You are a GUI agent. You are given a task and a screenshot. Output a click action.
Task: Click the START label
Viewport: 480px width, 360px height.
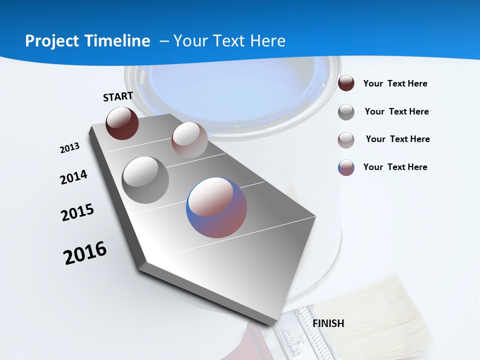pos(118,96)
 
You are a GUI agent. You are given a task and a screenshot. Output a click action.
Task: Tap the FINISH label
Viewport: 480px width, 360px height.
pos(328,323)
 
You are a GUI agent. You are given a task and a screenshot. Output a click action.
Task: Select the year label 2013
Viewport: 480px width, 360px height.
pos(69,148)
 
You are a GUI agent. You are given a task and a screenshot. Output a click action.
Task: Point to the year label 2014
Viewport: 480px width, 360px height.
pos(73,177)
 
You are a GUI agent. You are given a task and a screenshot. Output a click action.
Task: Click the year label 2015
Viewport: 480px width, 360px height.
pos(77,212)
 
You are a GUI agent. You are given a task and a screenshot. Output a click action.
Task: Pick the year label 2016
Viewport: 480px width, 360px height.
pos(85,253)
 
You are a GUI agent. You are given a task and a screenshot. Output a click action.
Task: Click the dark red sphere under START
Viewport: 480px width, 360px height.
pos(122,123)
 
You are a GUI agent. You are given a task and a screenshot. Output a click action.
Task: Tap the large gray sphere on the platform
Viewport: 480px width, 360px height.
pos(145,179)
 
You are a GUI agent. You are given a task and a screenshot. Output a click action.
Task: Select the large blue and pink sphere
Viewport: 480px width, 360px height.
pos(216,207)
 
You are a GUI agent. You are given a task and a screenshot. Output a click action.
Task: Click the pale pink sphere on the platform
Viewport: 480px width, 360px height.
pos(189,139)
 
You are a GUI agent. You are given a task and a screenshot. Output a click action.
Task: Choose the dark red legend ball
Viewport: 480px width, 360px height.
pos(346,83)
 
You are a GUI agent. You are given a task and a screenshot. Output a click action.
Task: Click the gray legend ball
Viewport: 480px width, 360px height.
pos(346,112)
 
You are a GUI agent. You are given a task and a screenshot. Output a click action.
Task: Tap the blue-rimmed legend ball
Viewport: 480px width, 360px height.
pos(346,167)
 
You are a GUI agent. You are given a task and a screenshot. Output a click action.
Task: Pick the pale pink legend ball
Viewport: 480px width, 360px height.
pos(346,140)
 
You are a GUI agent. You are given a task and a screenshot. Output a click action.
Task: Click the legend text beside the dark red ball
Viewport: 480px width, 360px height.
pos(395,83)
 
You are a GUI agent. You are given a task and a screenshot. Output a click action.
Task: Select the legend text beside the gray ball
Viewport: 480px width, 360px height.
pos(397,111)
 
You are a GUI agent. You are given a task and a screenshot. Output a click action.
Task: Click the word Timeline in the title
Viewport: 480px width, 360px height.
pos(116,41)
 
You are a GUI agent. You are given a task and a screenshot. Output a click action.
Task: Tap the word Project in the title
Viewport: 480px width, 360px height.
pos(50,41)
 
